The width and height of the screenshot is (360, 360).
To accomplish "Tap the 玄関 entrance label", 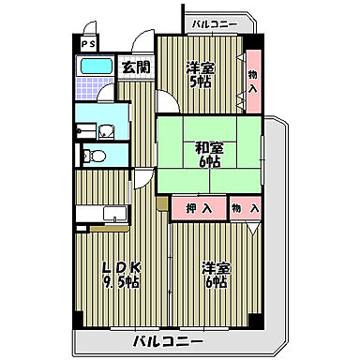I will tap(135, 67).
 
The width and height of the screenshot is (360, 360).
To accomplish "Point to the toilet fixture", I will tap(93, 155).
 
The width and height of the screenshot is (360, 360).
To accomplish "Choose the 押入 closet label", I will tap(196, 206).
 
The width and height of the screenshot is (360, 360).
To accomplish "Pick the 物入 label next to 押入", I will tap(245, 206).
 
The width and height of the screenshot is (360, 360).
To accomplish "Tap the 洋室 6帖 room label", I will tap(216, 275).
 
